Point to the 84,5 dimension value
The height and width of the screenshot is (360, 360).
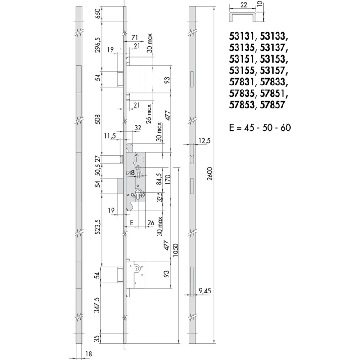coord(159,179)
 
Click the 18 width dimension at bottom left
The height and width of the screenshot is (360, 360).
coord(88,354)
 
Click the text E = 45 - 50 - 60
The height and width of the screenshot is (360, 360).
coord(260,128)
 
